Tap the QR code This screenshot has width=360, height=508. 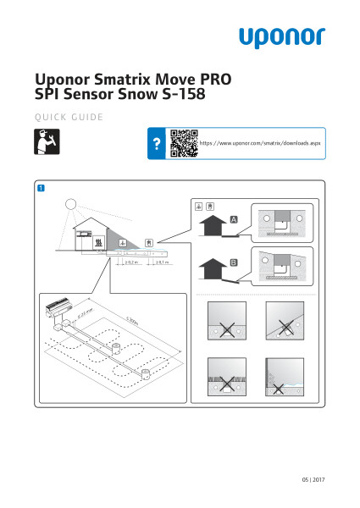pos(183,145)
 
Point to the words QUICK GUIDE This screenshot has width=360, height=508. pos(69,116)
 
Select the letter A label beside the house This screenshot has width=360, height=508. pos(234,220)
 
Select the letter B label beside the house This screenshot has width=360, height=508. pos(234,264)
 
